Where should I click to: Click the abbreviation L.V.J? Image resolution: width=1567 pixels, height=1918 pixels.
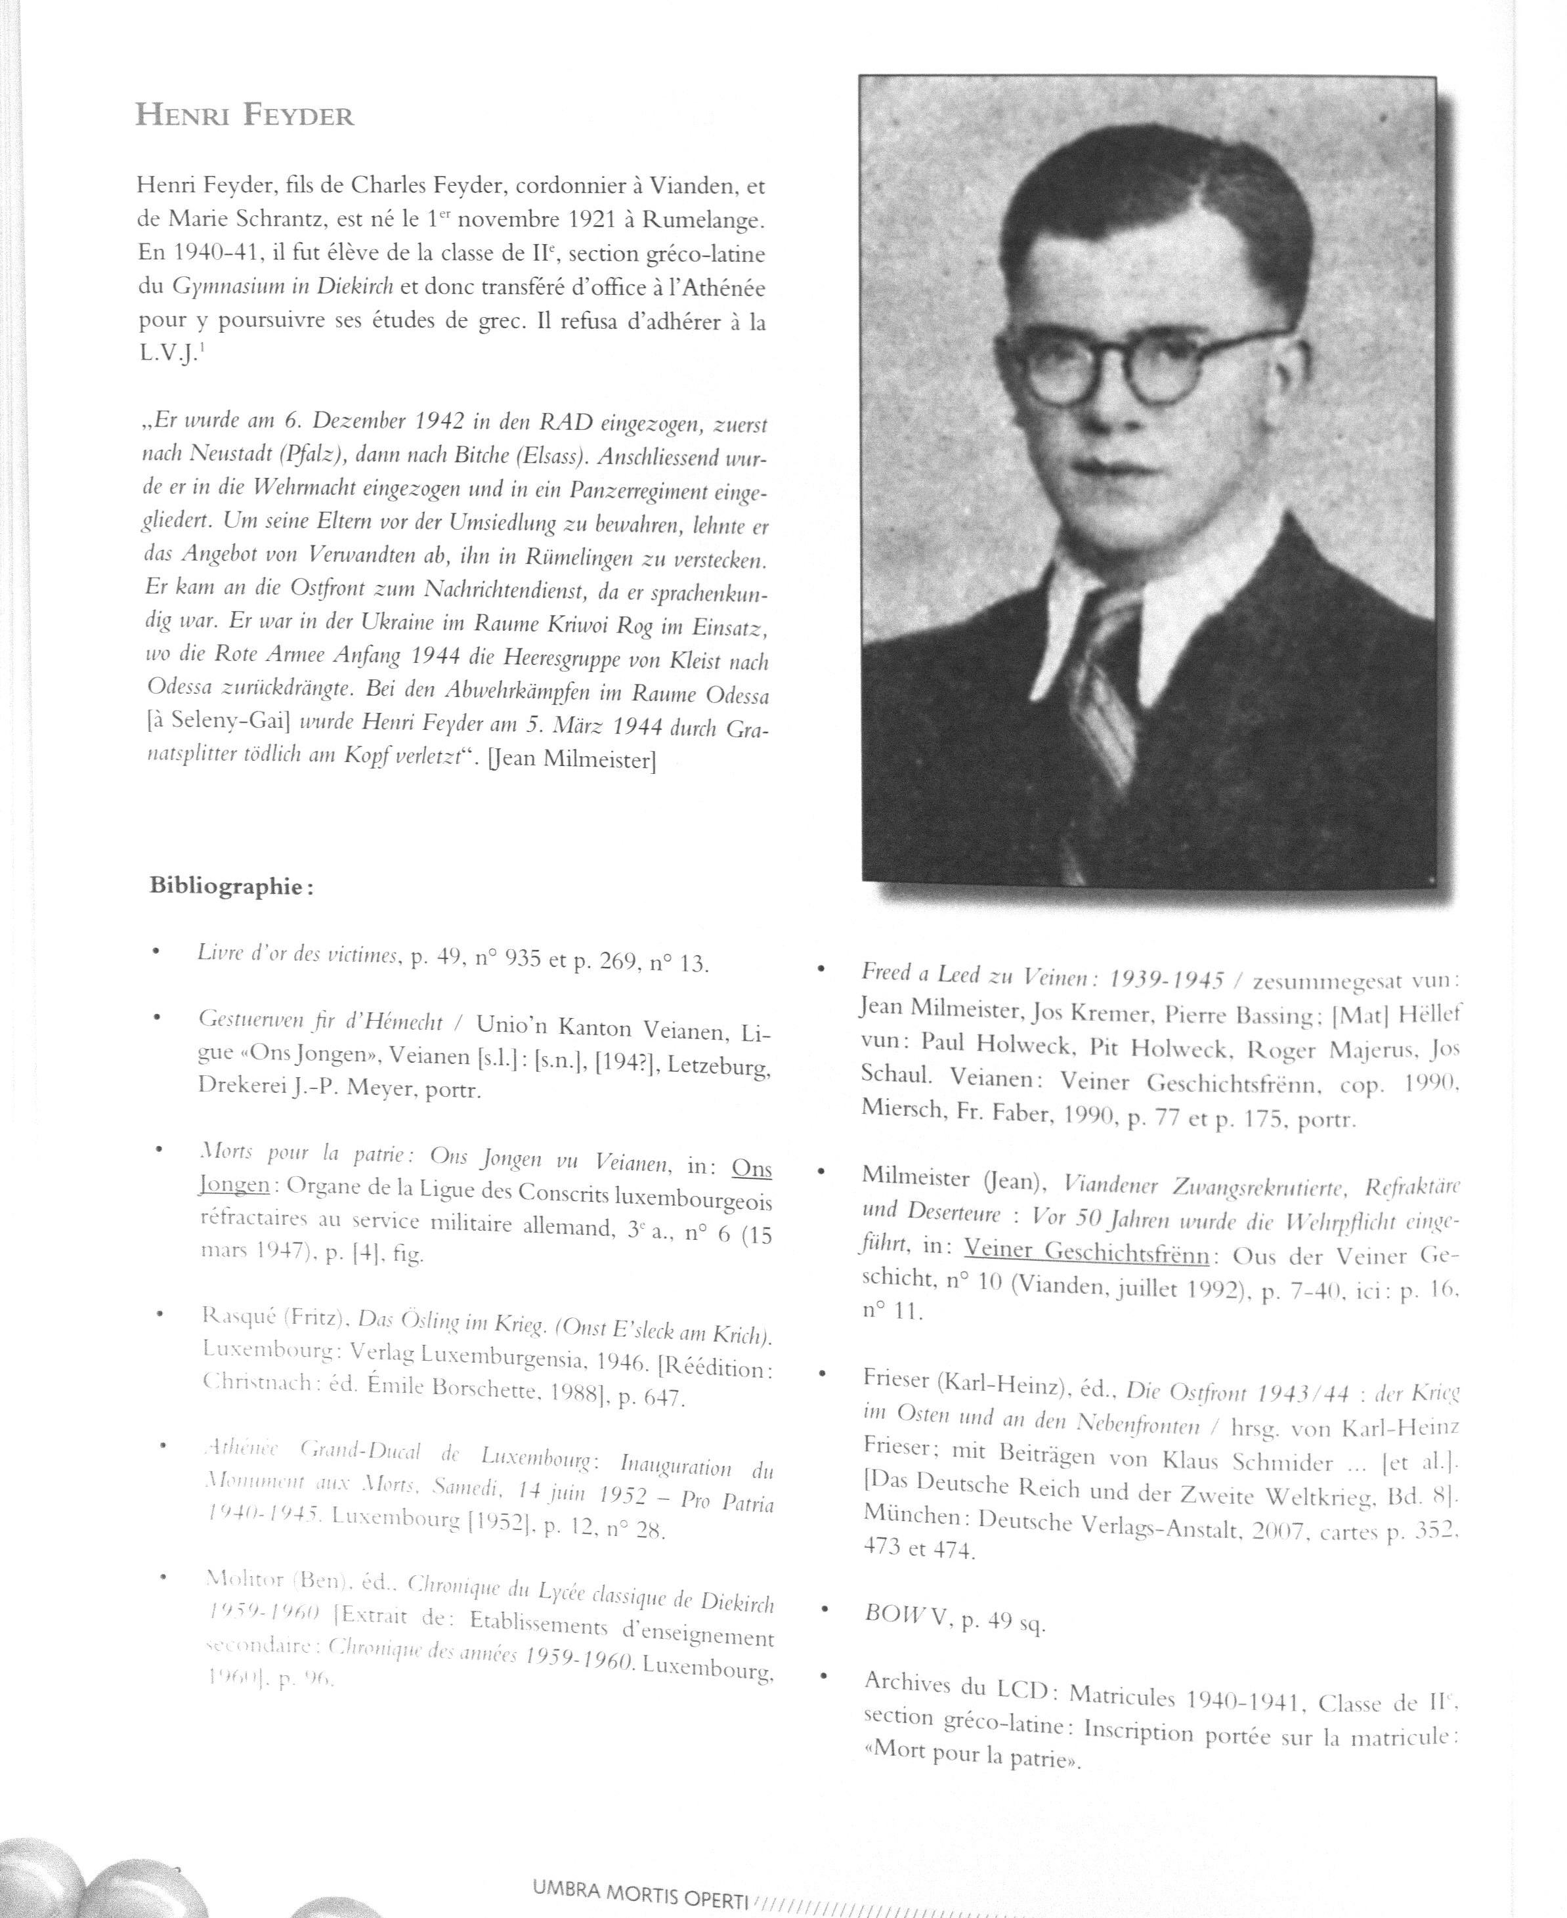167,354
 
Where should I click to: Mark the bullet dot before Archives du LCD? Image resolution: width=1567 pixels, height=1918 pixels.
823,1676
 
